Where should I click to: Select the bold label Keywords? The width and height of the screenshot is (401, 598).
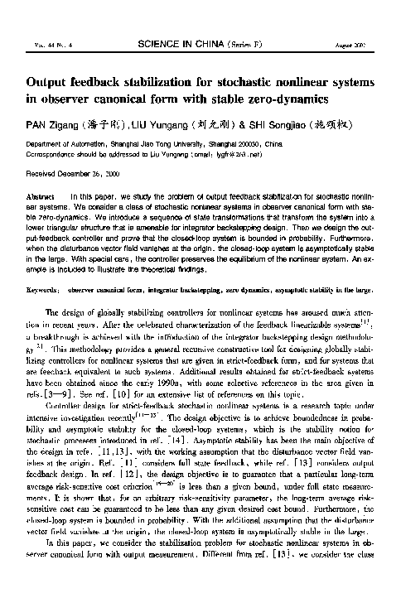[x=44, y=292]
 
